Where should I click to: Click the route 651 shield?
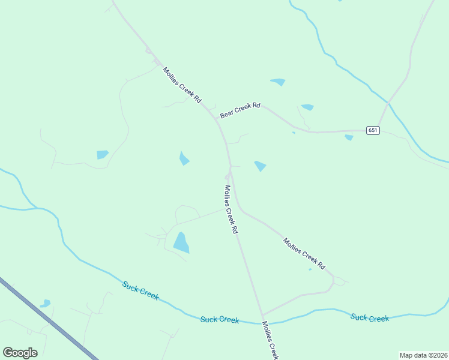pos(373,130)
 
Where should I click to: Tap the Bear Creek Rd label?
pos(240,109)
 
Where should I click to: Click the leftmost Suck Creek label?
pos(140,291)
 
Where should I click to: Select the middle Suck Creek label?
pos(220,320)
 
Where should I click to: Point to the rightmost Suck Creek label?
pos(370,318)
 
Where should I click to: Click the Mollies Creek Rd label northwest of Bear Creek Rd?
pos(182,85)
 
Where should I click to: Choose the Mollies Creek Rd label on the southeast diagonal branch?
pos(304,253)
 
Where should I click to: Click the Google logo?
pos(20,353)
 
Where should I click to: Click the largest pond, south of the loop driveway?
pos(181,242)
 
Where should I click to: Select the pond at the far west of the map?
pos(103,155)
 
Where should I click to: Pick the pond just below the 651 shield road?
pos(349,137)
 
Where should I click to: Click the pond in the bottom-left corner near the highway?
pos(46,304)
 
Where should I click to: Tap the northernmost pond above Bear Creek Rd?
pos(278,82)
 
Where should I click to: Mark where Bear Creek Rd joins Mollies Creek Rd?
pos(216,118)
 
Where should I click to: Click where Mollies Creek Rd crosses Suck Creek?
pos(262,322)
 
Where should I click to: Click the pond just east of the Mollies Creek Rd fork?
pos(260,166)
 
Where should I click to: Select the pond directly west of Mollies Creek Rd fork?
pos(184,158)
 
